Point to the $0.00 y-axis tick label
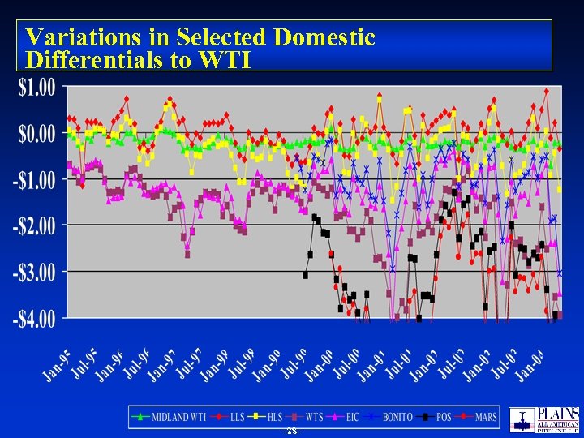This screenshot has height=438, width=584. (x=36, y=132)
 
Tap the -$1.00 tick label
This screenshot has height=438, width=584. (x=34, y=179)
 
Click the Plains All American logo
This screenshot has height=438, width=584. (x=544, y=419)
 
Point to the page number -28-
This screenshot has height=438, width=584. (x=291, y=432)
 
